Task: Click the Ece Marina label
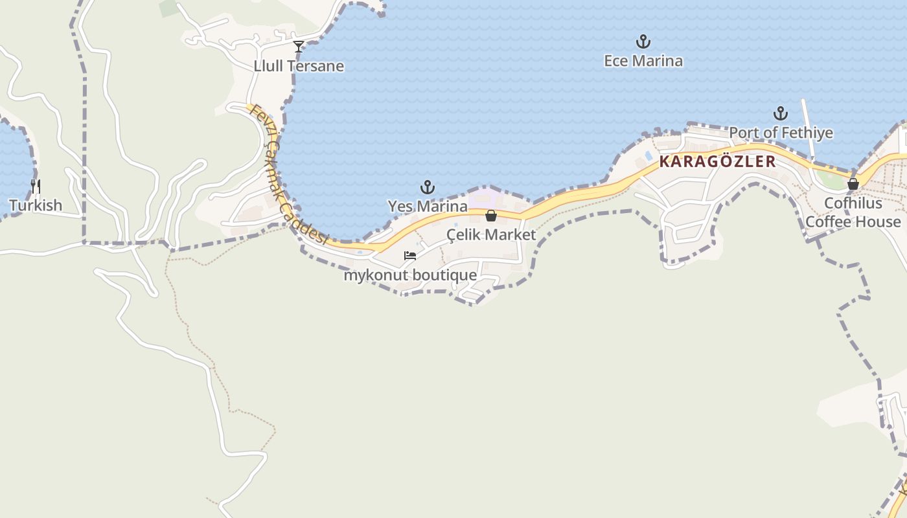click(x=643, y=61)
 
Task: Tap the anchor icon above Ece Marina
click(x=643, y=42)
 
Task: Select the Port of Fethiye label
click(x=781, y=133)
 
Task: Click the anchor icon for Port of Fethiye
click(x=781, y=114)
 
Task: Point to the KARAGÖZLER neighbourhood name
click(x=717, y=162)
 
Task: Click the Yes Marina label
click(x=428, y=206)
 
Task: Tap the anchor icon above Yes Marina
click(x=428, y=188)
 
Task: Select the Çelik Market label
click(x=491, y=234)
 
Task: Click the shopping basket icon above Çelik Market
click(x=491, y=216)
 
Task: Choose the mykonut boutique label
click(x=410, y=275)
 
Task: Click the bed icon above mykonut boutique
click(x=410, y=256)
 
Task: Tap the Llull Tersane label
click(x=299, y=66)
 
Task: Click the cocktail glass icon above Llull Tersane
click(x=299, y=47)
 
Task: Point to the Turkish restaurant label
click(x=36, y=205)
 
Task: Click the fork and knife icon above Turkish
click(x=36, y=186)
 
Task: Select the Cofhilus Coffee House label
click(x=853, y=212)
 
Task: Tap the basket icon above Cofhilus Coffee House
click(x=853, y=184)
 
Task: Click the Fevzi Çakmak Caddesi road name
click(x=289, y=175)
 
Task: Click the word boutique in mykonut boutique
click(x=444, y=275)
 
